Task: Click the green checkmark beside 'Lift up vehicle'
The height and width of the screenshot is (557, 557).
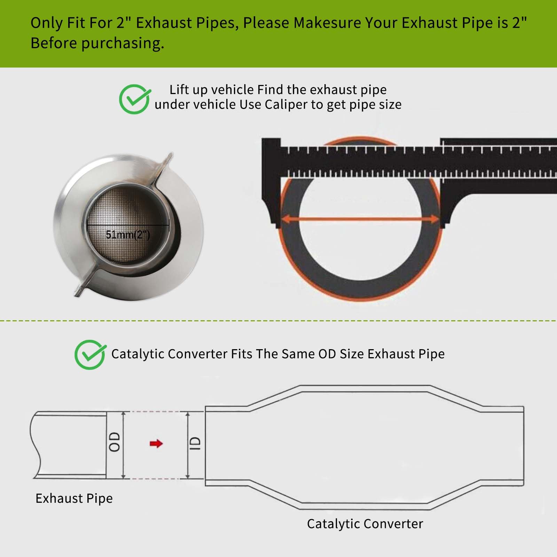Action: (x=134, y=99)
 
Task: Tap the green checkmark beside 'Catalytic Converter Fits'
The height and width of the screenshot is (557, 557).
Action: (x=90, y=354)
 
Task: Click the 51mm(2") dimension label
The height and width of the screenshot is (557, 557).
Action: (x=128, y=235)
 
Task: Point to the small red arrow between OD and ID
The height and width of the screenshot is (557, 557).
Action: (x=156, y=444)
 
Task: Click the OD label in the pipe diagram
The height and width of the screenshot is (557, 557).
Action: (x=115, y=442)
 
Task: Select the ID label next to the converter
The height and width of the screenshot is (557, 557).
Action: (x=196, y=444)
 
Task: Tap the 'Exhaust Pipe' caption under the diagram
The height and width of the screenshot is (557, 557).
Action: (x=74, y=498)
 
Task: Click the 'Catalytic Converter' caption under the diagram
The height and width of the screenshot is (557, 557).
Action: (x=365, y=524)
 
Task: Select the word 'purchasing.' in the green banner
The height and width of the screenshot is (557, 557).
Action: (x=123, y=43)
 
